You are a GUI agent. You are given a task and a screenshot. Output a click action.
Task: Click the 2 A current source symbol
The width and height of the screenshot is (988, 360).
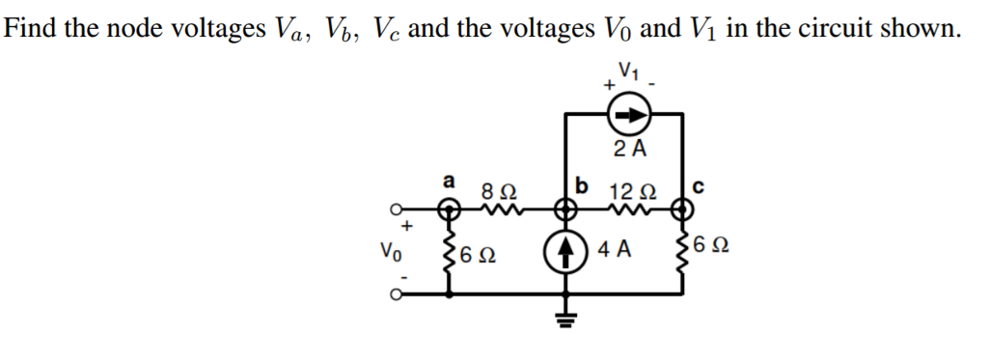[x=624, y=116]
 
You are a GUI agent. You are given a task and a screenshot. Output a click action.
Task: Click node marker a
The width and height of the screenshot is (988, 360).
[x=447, y=208]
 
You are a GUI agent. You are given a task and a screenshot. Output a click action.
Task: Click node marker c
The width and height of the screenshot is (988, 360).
[x=683, y=208]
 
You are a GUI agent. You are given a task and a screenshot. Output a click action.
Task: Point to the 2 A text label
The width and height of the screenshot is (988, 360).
[x=629, y=148]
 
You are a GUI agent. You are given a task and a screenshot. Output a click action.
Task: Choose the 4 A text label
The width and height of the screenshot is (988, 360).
[x=614, y=250]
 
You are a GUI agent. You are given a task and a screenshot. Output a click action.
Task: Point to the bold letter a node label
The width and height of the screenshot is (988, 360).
[x=447, y=180]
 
